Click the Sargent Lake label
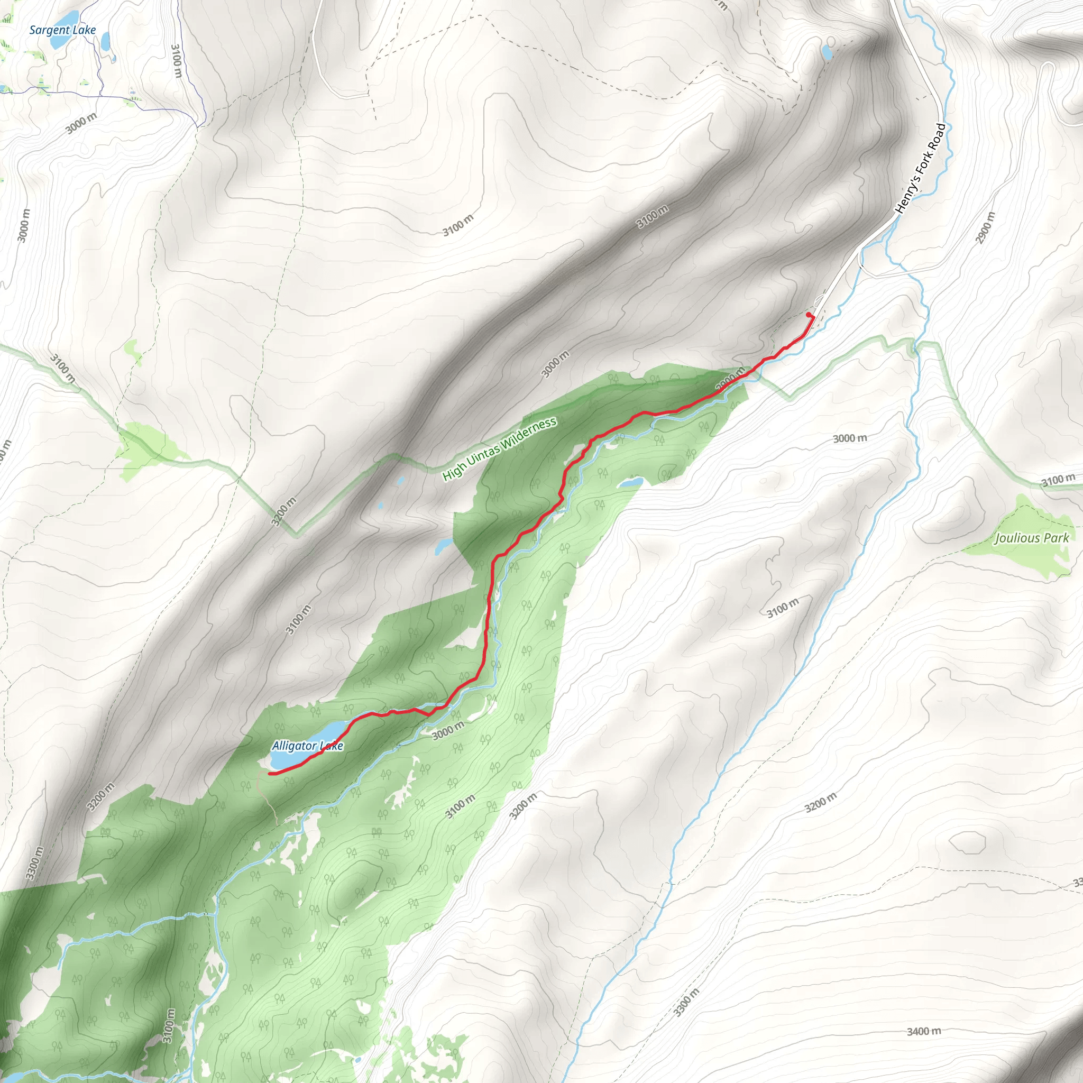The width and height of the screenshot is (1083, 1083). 62,30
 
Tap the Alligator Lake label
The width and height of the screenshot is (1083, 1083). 307,746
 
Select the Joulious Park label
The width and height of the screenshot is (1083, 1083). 1032,538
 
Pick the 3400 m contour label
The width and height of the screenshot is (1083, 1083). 924,1031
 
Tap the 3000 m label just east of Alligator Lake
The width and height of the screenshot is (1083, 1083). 448,730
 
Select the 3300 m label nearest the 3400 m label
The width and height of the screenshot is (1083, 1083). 687,1001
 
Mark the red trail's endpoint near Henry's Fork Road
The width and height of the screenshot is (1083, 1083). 809,315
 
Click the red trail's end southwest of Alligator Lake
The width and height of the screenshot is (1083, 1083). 270,774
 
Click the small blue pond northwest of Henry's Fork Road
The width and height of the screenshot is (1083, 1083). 827,53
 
